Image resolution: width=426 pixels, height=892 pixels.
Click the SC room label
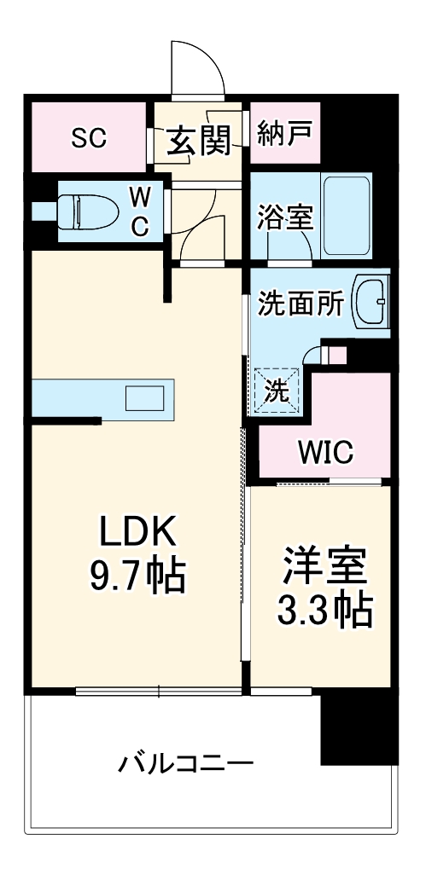89,137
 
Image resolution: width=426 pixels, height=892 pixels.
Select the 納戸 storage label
284,134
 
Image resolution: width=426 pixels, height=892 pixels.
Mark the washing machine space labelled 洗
275,391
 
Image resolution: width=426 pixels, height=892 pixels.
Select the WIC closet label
325,452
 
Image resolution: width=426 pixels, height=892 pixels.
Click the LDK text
137,534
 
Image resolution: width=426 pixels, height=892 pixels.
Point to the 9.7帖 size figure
137,577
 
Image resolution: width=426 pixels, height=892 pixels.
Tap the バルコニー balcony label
185,761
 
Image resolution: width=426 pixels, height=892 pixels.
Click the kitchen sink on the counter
145,399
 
